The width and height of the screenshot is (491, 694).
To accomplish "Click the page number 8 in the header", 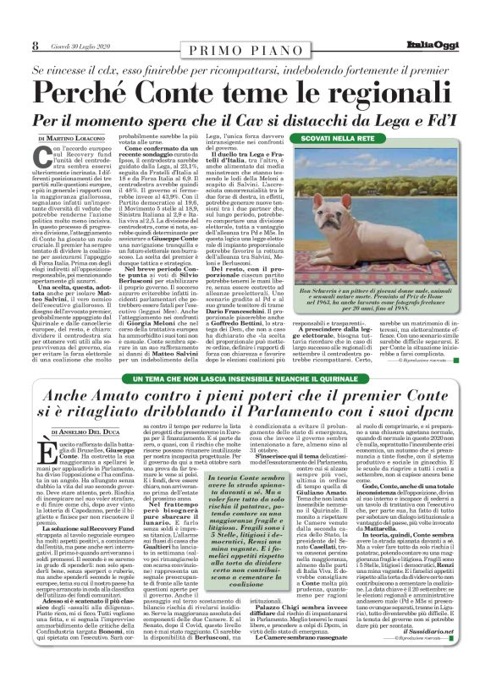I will pos(34,45).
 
